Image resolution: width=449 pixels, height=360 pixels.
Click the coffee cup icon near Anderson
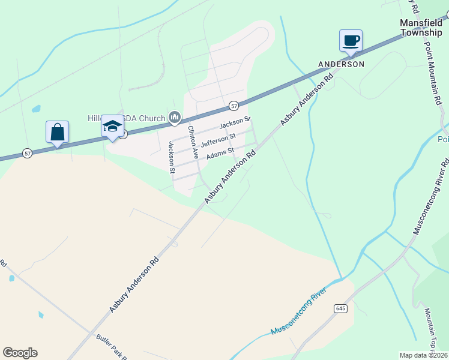click(x=351, y=41)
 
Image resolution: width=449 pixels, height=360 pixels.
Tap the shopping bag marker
click(x=57, y=132)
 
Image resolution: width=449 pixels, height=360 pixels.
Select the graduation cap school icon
click(x=112, y=126)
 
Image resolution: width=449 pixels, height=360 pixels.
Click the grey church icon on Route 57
click(x=175, y=117)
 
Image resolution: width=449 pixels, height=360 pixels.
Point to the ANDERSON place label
click(x=341, y=64)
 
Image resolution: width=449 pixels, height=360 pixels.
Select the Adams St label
click(x=220, y=155)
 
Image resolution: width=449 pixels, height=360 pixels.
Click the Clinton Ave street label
click(x=193, y=142)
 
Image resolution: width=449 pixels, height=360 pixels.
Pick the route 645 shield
click(x=341, y=308)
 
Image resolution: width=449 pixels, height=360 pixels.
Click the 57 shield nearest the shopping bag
click(x=28, y=154)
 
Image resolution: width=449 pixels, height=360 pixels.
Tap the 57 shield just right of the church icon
click(x=234, y=106)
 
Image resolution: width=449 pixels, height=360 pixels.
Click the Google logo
click(x=20, y=353)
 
